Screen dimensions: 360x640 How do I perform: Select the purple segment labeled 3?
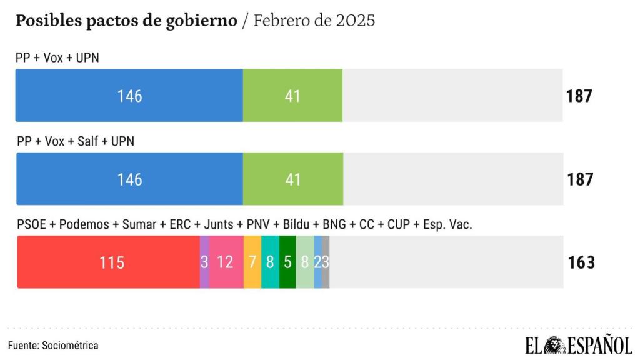point(204,262)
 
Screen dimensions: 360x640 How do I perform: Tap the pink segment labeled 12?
point(226,262)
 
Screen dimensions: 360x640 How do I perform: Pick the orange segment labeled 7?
point(252,262)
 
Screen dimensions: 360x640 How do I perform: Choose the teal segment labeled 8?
point(270,262)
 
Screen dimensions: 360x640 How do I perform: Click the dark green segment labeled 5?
point(287,262)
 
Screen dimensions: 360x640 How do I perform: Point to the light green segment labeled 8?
point(304,262)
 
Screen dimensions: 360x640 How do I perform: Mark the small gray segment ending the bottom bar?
point(326,262)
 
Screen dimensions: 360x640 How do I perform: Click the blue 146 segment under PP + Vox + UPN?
point(129,96)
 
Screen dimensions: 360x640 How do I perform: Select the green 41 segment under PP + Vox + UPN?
point(292,96)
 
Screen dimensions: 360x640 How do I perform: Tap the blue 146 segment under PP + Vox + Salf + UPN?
point(129,179)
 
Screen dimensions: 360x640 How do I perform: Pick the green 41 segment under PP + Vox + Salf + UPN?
point(292,179)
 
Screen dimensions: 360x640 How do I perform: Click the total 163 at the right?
point(581,262)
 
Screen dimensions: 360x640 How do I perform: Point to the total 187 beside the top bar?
point(579,96)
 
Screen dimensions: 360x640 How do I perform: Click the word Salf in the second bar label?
point(89,141)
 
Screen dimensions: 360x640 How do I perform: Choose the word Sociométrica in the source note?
point(69,345)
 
